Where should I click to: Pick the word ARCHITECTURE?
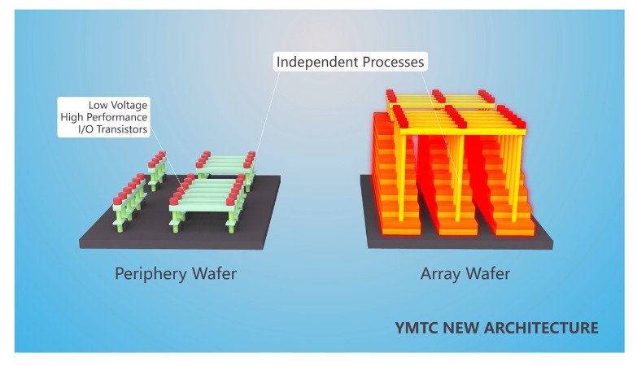tap(544, 329)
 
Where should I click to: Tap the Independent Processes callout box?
tap(350, 62)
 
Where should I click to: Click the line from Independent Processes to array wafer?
tap(440, 122)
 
